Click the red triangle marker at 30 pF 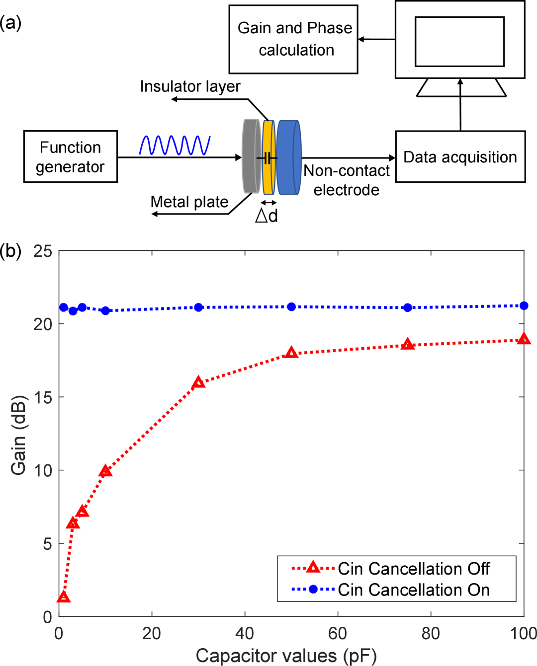pyautogui.click(x=198, y=382)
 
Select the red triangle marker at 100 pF pyautogui.click(x=523, y=339)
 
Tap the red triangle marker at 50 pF pyautogui.click(x=291, y=353)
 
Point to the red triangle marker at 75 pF pyautogui.click(x=408, y=344)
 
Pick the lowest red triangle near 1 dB pyautogui.click(x=64, y=596)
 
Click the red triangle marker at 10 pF pyautogui.click(x=105, y=471)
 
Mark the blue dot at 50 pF pyautogui.click(x=291, y=307)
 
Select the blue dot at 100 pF pyautogui.click(x=523, y=305)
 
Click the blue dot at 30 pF pyautogui.click(x=198, y=307)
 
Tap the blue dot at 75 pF pyautogui.click(x=408, y=308)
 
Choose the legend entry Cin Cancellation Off pyautogui.click(x=413, y=569)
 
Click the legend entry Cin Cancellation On pyautogui.click(x=413, y=590)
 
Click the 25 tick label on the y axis pyautogui.click(x=43, y=251)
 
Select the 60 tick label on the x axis pyautogui.click(x=338, y=634)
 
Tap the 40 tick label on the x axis pyautogui.click(x=245, y=634)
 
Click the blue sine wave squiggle pyautogui.click(x=175, y=145)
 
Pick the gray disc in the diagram pyautogui.click(x=251, y=156)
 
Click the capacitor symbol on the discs pyautogui.click(x=267, y=158)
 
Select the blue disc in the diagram pyautogui.click(x=289, y=157)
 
